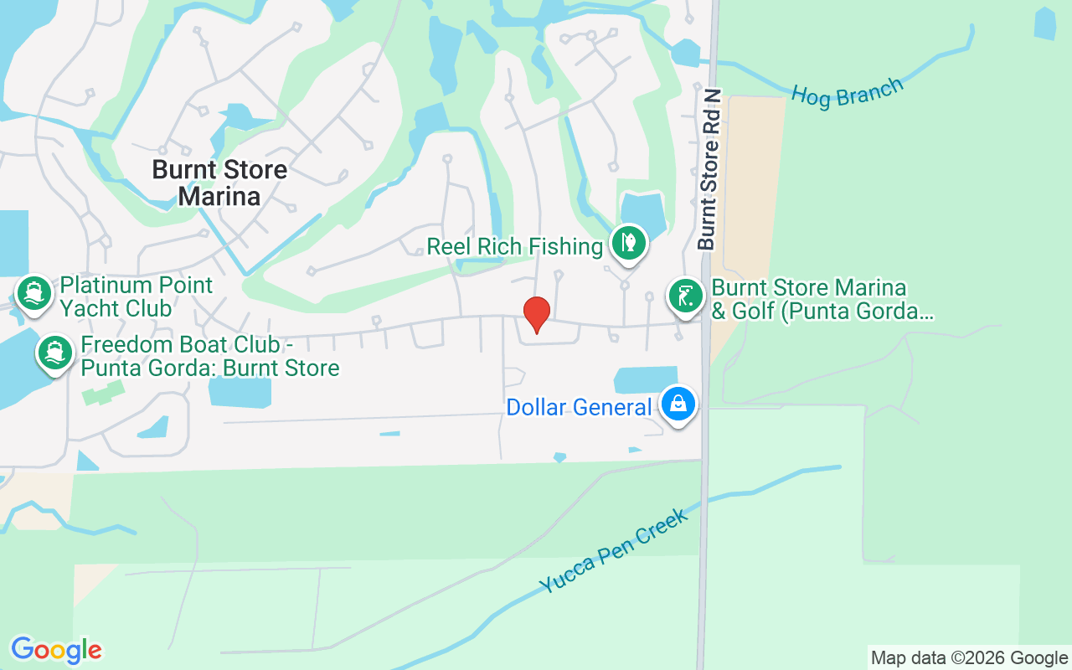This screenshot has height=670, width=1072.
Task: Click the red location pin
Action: coord(536,314)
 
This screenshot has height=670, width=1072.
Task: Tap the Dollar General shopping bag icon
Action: coord(678,405)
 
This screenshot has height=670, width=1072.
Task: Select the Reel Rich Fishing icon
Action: coord(628,244)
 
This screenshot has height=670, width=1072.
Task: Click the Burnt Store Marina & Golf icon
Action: coord(686,296)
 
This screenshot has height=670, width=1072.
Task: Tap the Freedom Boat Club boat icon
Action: coord(55,353)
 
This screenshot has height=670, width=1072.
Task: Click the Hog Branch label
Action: coord(848,92)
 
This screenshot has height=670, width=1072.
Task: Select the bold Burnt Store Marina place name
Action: coord(219,183)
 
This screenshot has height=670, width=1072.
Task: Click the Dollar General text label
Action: coord(579,408)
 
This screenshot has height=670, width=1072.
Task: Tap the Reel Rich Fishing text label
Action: coord(514,246)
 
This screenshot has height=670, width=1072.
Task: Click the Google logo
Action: coord(56,650)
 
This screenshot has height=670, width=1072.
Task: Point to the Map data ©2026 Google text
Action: coord(969,658)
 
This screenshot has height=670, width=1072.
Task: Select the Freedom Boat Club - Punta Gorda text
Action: coord(209,356)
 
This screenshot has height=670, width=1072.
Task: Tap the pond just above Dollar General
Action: coord(646,379)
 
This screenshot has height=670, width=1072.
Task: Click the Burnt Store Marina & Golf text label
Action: coord(821,300)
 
